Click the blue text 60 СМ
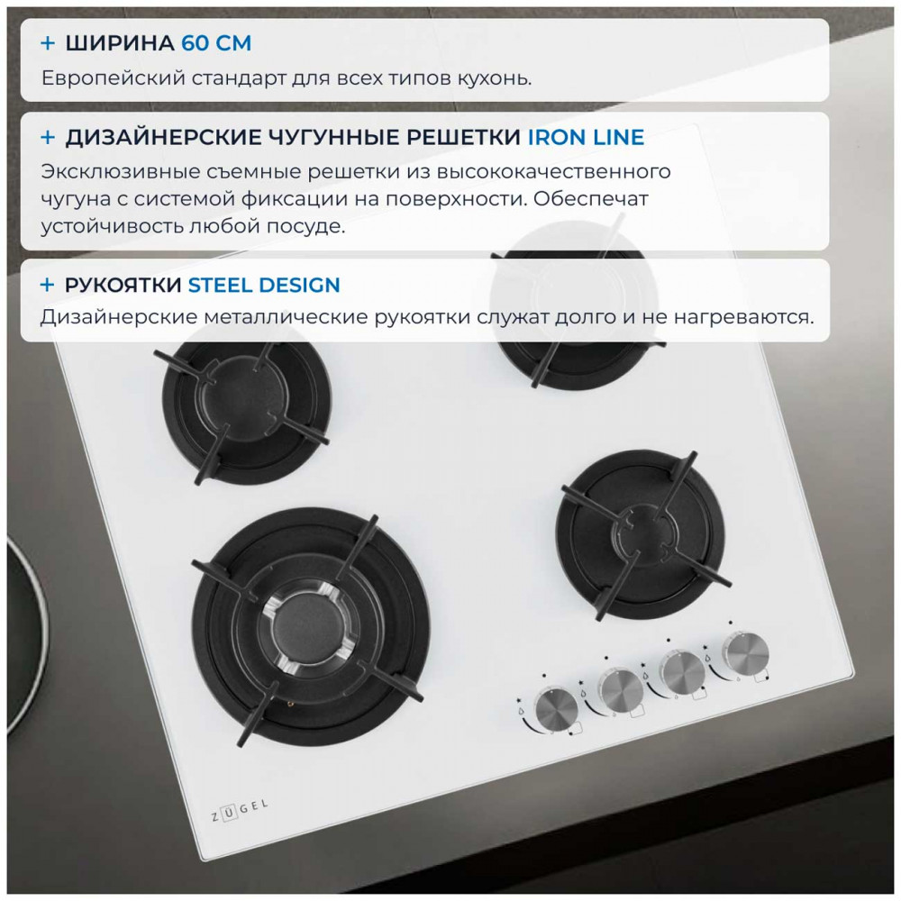click(216, 43)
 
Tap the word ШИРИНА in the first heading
click(120, 43)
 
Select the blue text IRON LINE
click(586, 137)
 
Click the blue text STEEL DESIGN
click(264, 285)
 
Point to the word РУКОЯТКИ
click(123, 285)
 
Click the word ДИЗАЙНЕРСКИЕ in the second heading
click(163, 138)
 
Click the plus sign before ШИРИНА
click(48, 43)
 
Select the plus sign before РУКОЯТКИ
click(48, 285)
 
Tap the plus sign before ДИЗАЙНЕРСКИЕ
click(48, 137)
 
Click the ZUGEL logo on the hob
click(240, 810)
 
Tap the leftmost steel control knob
click(556, 710)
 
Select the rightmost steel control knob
click(746, 654)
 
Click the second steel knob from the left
click(621, 689)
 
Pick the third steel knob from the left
click(683, 672)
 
